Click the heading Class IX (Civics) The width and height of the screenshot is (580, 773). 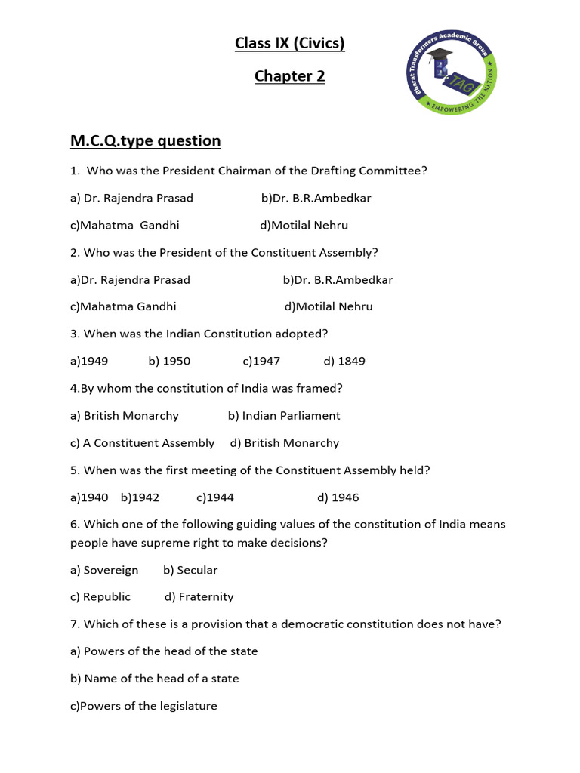(x=289, y=44)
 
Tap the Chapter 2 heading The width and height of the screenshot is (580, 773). (x=289, y=76)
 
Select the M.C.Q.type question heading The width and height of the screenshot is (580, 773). (x=145, y=140)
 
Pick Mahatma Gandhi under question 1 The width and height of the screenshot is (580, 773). (x=125, y=225)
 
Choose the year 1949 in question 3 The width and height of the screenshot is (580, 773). (x=89, y=361)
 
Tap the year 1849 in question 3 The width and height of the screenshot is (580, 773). (x=344, y=361)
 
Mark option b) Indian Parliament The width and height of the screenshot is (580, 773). (x=284, y=415)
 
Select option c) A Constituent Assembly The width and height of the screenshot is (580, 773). (x=142, y=442)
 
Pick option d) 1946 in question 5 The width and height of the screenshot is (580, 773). (x=338, y=497)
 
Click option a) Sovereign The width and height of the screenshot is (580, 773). (x=104, y=570)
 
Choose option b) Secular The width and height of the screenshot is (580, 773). (x=190, y=570)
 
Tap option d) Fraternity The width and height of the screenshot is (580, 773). (x=199, y=596)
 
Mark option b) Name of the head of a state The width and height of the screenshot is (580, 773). (x=154, y=678)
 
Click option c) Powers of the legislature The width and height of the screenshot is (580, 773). (x=143, y=706)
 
